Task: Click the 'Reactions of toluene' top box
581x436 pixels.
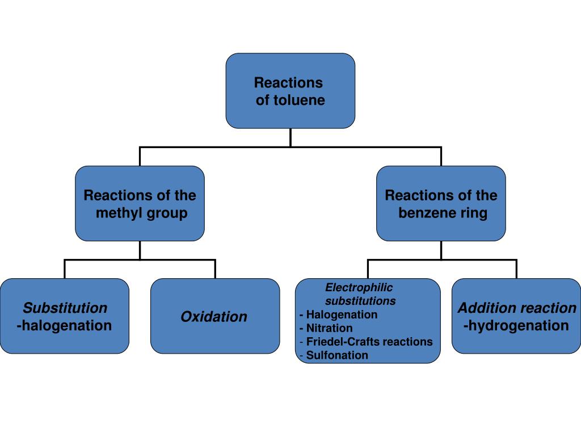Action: tap(290, 91)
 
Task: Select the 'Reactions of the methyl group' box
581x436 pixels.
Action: tap(140, 203)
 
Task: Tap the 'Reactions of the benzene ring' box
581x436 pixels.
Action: tap(441, 203)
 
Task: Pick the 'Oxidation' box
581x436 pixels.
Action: tap(214, 317)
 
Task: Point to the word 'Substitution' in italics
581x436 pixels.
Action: tap(65, 308)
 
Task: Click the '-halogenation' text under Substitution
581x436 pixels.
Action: tap(65, 326)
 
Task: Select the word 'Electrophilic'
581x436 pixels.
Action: tap(359, 288)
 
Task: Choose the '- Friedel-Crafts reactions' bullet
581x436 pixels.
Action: tap(366, 342)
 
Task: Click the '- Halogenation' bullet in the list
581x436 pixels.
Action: tap(338, 315)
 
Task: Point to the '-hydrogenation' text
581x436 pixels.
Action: tap(516, 326)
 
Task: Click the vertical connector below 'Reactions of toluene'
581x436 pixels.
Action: tap(290, 137)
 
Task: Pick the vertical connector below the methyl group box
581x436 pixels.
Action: tap(140, 250)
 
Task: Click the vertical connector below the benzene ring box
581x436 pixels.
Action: tap(441, 250)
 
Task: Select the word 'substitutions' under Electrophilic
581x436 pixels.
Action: tap(360, 301)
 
